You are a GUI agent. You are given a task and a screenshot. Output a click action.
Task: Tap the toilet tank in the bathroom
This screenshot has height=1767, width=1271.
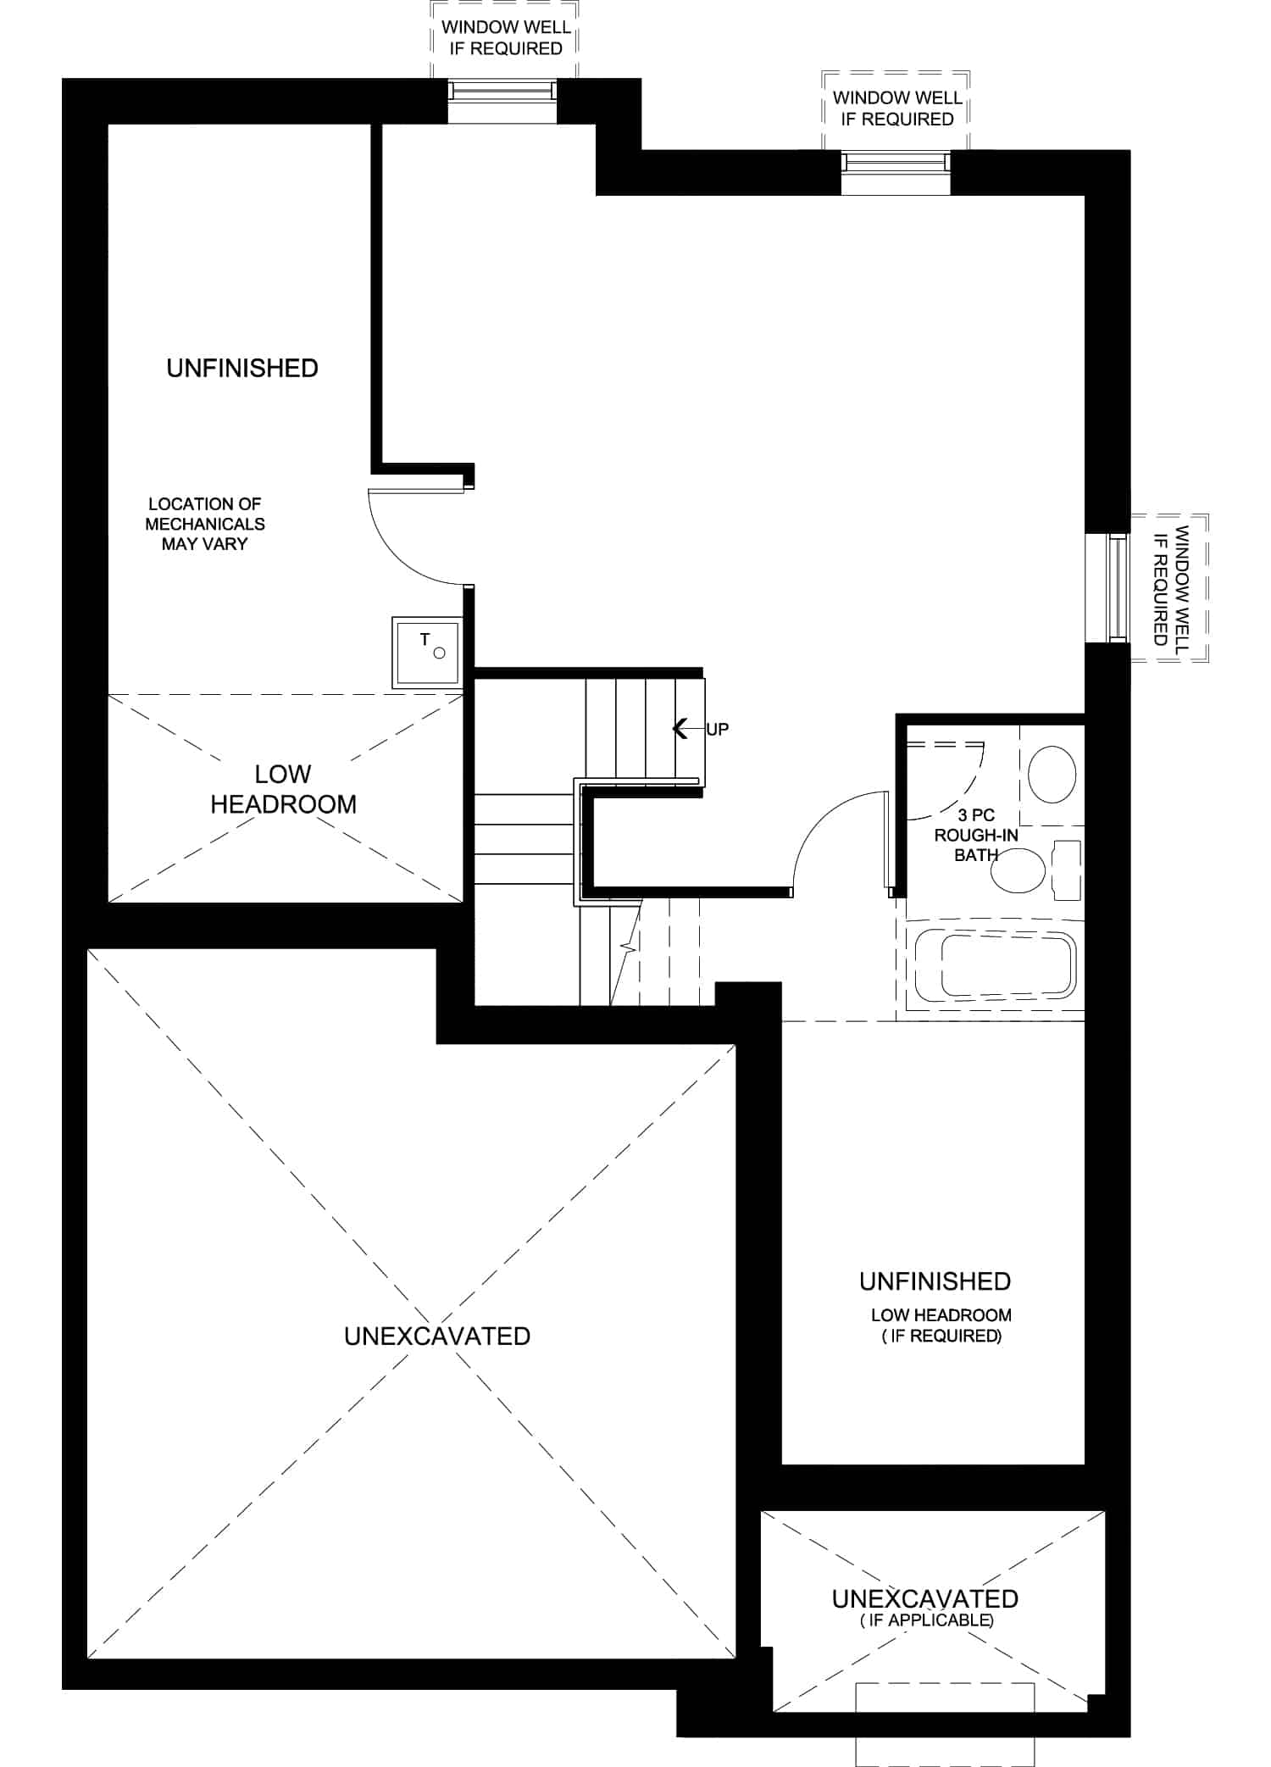pyautogui.click(x=1067, y=870)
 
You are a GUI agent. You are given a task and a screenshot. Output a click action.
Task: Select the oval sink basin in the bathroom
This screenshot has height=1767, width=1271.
pyautogui.click(x=1052, y=774)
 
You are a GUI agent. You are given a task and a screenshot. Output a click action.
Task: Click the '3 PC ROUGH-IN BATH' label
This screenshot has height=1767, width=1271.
pyautogui.click(x=976, y=835)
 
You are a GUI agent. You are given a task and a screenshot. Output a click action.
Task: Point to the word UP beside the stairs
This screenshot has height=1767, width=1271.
pyautogui.click(x=717, y=729)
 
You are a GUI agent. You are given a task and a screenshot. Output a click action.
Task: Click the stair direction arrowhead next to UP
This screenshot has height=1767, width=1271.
pyautogui.click(x=680, y=728)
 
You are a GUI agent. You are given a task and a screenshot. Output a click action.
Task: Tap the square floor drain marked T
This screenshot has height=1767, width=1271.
pyautogui.click(x=426, y=652)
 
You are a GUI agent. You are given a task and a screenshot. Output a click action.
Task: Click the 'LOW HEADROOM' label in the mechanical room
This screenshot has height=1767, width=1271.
pyautogui.click(x=283, y=789)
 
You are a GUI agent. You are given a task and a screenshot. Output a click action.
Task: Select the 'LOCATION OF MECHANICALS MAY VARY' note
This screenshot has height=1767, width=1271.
pyautogui.click(x=205, y=524)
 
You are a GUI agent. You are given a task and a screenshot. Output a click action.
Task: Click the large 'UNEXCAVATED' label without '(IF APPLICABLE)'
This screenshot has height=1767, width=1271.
pyautogui.click(x=437, y=1336)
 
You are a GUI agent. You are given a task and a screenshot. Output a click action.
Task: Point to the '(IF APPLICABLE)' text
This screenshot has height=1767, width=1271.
pyautogui.click(x=926, y=1620)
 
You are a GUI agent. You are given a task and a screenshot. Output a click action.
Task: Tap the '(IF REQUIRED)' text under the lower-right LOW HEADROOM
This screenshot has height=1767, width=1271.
pyautogui.click(x=941, y=1336)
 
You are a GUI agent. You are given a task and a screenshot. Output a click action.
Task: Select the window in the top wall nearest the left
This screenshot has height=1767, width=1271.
pyautogui.click(x=502, y=101)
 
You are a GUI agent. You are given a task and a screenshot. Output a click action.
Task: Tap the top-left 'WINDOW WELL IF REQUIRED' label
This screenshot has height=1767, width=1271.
pyautogui.click(x=506, y=37)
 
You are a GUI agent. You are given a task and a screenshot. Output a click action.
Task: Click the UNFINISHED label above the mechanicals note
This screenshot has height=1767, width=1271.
pyautogui.click(x=242, y=368)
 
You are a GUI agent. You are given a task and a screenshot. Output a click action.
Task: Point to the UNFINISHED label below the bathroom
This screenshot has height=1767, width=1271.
pyautogui.click(x=935, y=1281)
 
